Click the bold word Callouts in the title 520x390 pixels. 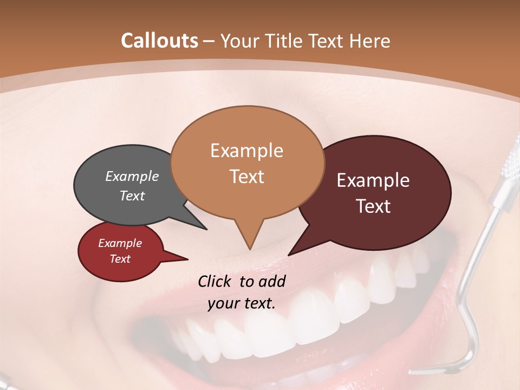(x=159, y=41)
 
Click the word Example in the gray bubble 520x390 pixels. (x=132, y=176)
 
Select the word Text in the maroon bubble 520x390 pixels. (x=373, y=206)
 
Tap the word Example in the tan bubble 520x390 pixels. (x=246, y=151)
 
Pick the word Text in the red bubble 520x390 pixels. (x=120, y=259)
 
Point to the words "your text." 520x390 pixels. (x=242, y=303)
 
